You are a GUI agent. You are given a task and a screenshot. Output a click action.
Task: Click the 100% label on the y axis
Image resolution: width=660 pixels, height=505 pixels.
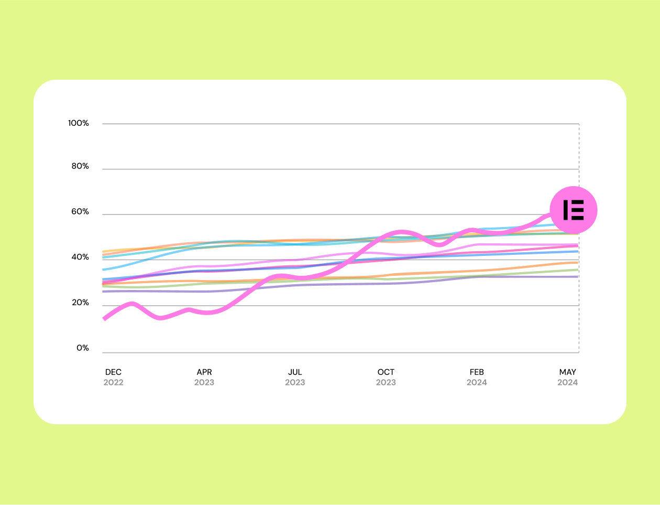click(x=79, y=123)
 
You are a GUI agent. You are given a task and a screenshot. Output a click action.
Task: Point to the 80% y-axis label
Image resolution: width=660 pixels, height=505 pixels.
click(x=80, y=166)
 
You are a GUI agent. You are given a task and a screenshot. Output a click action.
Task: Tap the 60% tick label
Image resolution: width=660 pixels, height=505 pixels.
click(x=80, y=212)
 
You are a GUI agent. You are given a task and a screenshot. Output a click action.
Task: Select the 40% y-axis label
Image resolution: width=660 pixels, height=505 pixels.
click(x=80, y=257)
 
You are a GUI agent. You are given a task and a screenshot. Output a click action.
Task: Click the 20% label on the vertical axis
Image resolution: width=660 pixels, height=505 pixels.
click(x=80, y=303)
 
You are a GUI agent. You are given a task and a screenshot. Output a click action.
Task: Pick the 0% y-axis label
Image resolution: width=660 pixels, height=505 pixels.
click(x=83, y=348)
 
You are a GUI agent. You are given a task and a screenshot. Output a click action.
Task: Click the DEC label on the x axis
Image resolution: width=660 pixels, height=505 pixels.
click(x=113, y=372)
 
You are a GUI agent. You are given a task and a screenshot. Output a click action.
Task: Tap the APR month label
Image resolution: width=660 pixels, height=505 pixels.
click(x=204, y=372)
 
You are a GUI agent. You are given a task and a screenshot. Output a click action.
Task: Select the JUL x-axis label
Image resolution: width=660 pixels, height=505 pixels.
click(x=295, y=372)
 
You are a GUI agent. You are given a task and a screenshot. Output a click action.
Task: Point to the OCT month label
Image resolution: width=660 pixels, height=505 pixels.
click(x=386, y=372)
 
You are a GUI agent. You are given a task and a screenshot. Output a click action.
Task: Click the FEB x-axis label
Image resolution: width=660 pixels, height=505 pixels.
click(x=477, y=372)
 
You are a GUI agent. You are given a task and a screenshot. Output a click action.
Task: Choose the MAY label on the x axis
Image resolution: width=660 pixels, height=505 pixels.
click(x=568, y=372)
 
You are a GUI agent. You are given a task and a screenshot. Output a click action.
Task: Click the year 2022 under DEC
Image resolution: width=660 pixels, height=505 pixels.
click(x=113, y=382)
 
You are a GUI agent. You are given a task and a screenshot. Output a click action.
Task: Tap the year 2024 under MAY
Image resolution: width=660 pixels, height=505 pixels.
click(x=568, y=382)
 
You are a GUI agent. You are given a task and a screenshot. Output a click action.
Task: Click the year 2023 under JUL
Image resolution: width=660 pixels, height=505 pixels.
click(x=295, y=382)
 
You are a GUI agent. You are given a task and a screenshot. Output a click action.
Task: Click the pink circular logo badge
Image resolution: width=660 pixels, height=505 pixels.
click(x=574, y=210)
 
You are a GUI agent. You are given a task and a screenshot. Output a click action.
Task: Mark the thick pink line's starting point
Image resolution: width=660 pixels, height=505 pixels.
click(x=104, y=319)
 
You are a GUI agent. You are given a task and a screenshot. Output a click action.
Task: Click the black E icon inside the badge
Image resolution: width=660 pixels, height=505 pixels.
click(x=574, y=210)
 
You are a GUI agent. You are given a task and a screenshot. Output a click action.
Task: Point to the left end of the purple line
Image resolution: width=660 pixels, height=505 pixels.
click(x=104, y=292)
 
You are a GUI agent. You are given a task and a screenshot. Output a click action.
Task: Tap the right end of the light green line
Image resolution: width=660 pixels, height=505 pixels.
click(x=577, y=270)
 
